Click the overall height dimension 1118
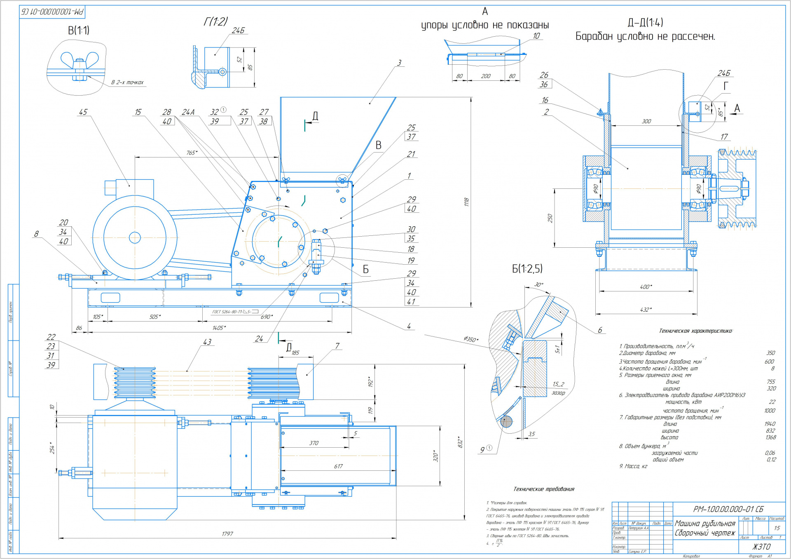(x=466, y=202)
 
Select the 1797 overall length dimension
(x=227, y=534)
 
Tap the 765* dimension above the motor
(x=192, y=153)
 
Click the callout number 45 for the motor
(x=83, y=112)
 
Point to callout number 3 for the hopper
(x=399, y=63)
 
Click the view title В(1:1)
(x=79, y=30)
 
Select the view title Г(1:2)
(x=215, y=21)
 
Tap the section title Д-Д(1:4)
(x=645, y=22)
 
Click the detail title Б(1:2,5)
(x=527, y=269)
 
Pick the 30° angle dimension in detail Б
(x=538, y=285)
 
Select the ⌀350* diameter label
(x=471, y=339)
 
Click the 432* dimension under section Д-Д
(x=646, y=310)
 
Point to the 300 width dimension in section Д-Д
(x=646, y=121)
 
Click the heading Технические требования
(x=543, y=489)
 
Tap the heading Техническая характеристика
(x=695, y=331)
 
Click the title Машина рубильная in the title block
(x=705, y=523)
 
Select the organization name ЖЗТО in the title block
(x=761, y=547)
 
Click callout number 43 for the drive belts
(x=207, y=342)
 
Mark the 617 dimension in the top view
(x=338, y=466)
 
